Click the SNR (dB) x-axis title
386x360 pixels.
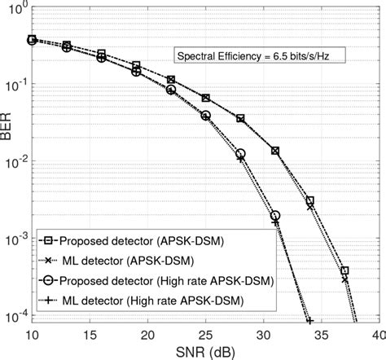205,351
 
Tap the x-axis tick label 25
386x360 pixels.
205,334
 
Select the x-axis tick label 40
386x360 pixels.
377,334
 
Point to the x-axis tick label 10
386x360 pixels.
33,334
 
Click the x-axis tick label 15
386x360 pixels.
90,334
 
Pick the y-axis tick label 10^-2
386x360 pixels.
16,164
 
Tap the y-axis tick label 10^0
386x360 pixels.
18,9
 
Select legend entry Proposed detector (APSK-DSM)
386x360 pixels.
130,242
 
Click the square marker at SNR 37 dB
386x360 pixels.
344,270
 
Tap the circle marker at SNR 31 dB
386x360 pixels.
275,216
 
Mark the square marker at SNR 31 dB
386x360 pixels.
275,151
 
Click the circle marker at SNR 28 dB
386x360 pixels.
240,153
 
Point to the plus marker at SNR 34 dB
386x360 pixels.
309,320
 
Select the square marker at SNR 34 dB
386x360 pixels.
309,200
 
